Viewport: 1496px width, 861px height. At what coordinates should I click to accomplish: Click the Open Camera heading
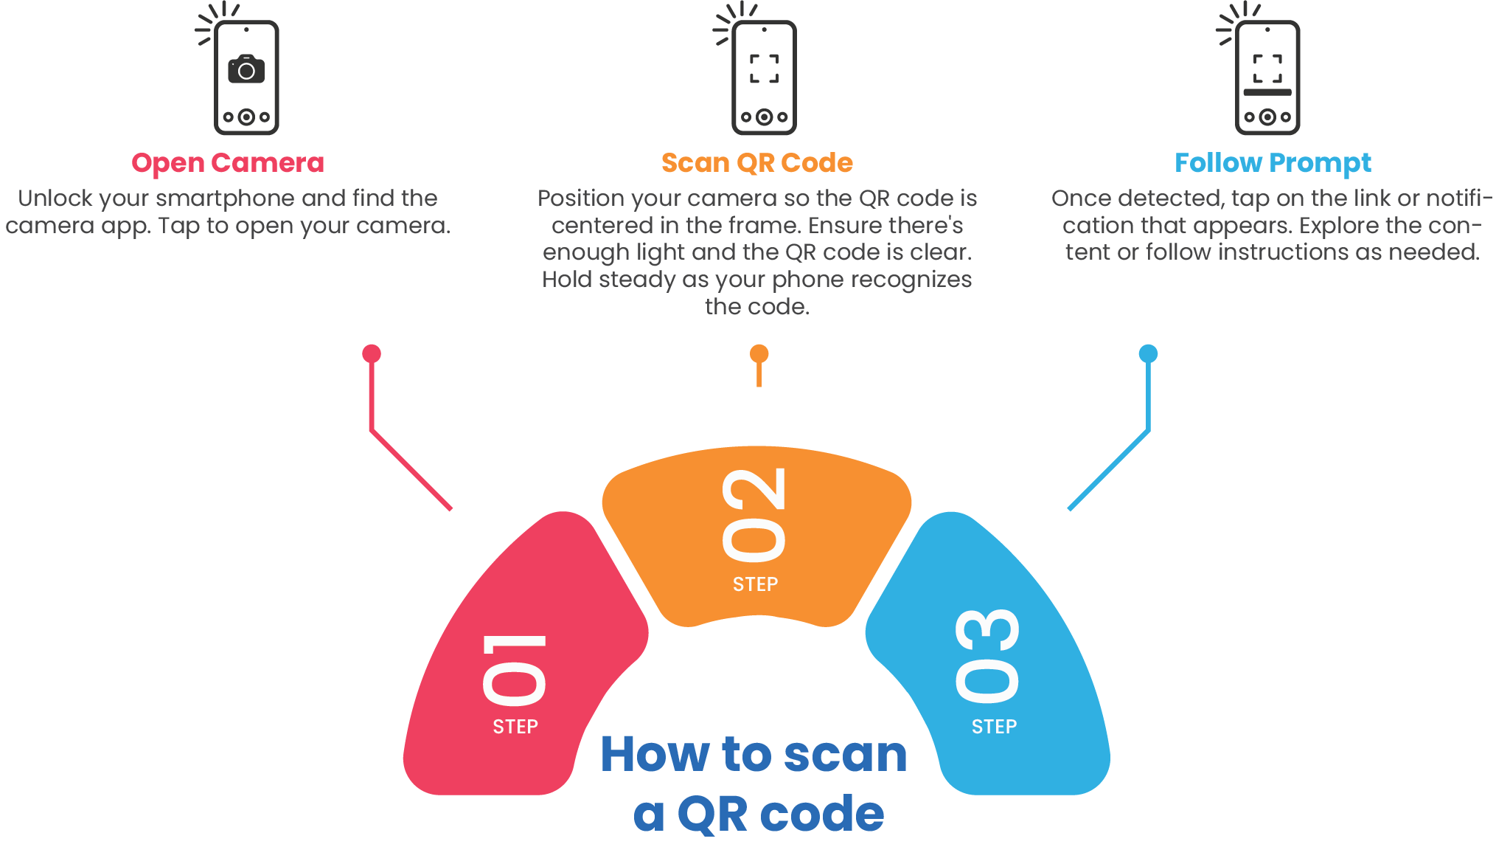tap(227, 163)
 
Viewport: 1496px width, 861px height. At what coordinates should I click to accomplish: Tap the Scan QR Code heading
tap(756, 163)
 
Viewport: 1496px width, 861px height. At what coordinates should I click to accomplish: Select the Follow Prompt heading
tap(1273, 163)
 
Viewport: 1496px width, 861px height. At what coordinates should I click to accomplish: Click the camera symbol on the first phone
tap(246, 69)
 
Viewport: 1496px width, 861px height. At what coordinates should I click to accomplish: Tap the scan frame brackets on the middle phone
tap(764, 69)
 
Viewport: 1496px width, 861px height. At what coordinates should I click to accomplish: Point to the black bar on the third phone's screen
tap(1267, 92)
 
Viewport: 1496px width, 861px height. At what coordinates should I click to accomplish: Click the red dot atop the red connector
tap(372, 353)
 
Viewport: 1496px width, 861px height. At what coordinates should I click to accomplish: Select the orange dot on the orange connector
tap(759, 353)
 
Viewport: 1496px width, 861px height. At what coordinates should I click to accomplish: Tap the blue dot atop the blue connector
tap(1148, 353)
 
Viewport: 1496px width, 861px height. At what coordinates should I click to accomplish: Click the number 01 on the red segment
tap(515, 668)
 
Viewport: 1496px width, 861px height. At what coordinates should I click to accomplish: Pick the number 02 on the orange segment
tap(754, 514)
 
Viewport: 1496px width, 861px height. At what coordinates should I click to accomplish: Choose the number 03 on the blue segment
tap(987, 654)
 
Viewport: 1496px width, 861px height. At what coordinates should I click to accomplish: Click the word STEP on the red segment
tap(515, 727)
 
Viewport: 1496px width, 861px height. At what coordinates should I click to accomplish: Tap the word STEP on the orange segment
tap(755, 584)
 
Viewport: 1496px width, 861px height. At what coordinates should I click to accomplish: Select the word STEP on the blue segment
tap(994, 727)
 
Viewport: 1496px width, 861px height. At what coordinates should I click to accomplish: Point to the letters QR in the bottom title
tap(712, 815)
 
